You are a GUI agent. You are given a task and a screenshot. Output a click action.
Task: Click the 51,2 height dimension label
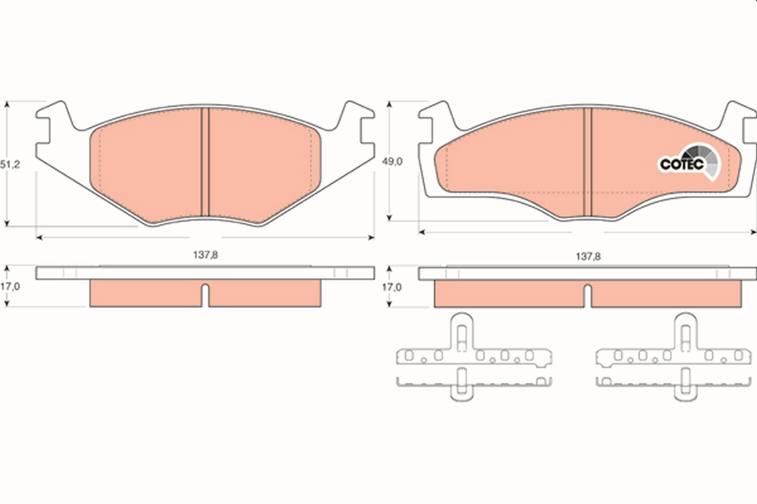[x=10, y=164]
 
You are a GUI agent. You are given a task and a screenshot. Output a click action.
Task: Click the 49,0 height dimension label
[x=393, y=161]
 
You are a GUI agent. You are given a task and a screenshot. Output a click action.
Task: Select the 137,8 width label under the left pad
[x=205, y=256]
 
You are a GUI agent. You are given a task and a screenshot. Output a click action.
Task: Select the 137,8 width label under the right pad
[x=587, y=256]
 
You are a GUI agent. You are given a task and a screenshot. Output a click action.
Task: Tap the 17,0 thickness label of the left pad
[x=10, y=286]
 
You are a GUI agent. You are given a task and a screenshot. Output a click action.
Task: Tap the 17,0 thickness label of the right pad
[x=393, y=286]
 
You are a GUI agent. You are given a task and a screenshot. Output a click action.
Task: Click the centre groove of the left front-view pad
[x=204, y=164]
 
